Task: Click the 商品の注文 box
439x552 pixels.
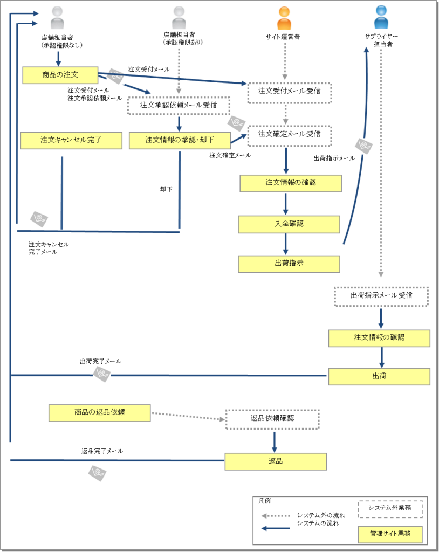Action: (x=60, y=75)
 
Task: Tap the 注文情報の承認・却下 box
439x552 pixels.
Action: (x=180, y=140)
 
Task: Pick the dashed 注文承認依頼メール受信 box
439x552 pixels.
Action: (x=179, y=106)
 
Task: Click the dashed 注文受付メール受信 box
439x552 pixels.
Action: (x=289, y=92)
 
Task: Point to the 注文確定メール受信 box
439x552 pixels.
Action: (x=289, y=134)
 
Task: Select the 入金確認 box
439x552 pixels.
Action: (x=289, y=224)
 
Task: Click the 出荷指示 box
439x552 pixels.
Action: (x=289, y=264)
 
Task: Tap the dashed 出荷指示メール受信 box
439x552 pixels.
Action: (x=381, y=296)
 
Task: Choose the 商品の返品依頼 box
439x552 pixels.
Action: (x=99, y=413)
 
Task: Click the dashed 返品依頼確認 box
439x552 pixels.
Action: (x=272, y=418)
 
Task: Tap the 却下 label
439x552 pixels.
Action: (x=167, y=190)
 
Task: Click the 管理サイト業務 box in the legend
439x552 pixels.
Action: (x=390, y=534)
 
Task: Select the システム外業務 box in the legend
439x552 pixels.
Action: (x=390, y=508)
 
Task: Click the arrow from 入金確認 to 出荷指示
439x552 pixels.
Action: (x=286, y=244)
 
